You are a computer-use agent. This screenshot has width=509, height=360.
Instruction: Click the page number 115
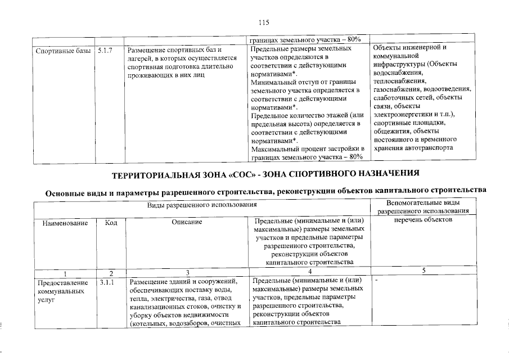[264, 22]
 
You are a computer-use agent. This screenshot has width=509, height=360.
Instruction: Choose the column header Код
[111, 223]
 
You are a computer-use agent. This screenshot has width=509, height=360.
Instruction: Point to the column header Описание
[187, 223]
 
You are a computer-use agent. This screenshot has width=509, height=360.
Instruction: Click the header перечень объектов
[424, 219]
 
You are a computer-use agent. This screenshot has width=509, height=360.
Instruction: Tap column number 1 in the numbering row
[65, 272]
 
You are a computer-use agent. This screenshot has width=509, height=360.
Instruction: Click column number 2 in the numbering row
[111, 272]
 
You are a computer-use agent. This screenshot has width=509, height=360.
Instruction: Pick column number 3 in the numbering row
[187, 272]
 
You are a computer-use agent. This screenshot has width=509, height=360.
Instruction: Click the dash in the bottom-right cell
[375, 280]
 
